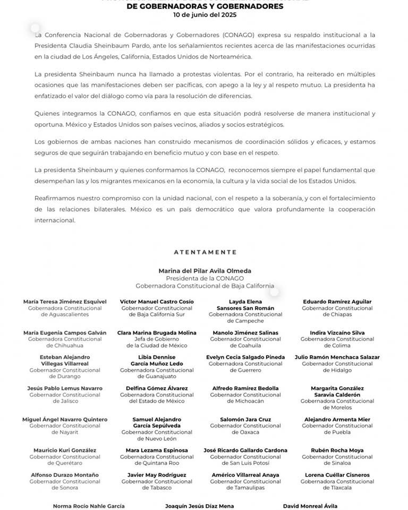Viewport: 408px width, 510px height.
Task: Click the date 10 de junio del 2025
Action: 205,14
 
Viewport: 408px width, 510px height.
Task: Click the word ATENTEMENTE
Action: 205,252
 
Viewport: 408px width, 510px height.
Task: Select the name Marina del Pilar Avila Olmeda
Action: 205,271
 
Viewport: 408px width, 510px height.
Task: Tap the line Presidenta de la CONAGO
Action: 205,278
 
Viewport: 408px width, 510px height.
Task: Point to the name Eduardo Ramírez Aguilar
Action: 337,302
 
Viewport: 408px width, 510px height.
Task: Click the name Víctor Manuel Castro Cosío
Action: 157,302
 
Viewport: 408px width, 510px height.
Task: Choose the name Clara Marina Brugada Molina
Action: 157,333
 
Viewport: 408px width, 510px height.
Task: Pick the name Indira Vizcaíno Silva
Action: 337,333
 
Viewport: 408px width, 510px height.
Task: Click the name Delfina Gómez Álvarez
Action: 157,388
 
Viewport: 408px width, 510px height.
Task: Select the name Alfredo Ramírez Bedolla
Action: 245,388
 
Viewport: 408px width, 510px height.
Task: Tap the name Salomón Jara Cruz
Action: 245,420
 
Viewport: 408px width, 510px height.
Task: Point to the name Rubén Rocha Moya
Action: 337,450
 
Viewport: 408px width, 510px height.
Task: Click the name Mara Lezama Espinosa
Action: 157,450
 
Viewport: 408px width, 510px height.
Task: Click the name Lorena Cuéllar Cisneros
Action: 337,475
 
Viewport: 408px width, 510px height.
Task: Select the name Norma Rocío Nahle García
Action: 89,506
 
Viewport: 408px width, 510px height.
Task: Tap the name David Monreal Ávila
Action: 310,506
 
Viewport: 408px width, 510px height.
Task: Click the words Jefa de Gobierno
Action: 157,339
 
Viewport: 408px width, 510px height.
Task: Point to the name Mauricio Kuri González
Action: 65,450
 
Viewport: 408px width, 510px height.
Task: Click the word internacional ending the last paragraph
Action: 55,220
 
